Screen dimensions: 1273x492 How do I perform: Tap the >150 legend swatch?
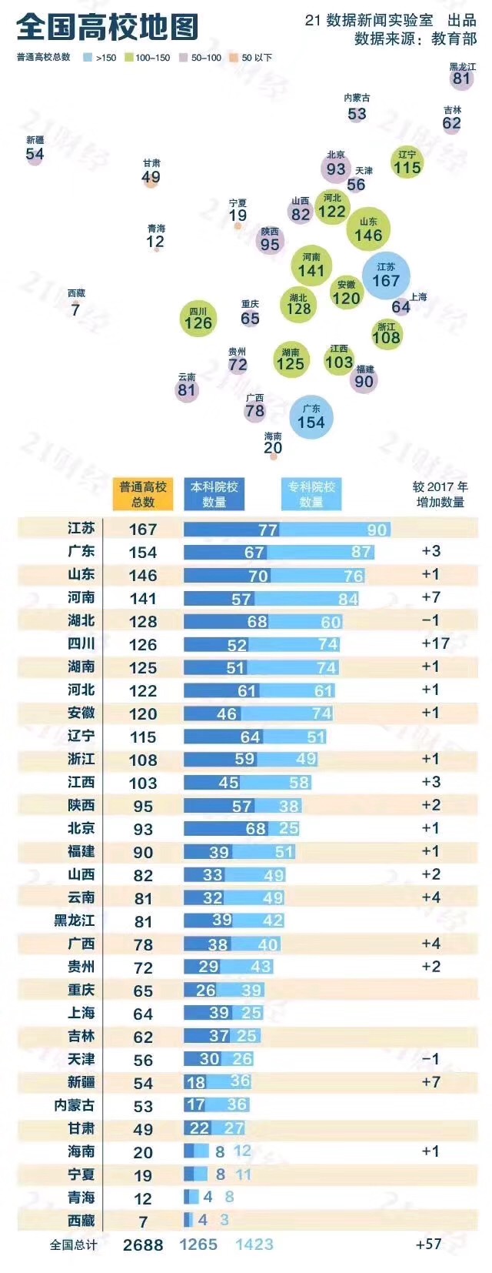88,58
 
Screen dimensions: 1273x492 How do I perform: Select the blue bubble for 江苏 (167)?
386,276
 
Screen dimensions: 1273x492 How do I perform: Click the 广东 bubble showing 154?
311,417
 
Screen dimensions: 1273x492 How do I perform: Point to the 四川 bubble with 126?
198,318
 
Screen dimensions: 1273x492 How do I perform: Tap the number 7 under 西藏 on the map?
75,310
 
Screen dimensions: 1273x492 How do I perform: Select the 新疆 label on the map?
35,140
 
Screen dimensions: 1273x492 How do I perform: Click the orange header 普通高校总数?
143,494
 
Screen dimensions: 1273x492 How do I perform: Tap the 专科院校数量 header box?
311,494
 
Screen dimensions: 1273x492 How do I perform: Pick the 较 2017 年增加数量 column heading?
440,494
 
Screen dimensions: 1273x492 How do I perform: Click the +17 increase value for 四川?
436,643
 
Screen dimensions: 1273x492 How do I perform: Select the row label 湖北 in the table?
81,620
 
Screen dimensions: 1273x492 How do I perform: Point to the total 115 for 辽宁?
143,737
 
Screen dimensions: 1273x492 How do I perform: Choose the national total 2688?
143,1245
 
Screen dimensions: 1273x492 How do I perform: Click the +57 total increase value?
428,1244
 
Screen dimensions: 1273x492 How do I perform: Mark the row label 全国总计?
74,1245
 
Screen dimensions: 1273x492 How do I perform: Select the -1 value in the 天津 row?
430,1059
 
